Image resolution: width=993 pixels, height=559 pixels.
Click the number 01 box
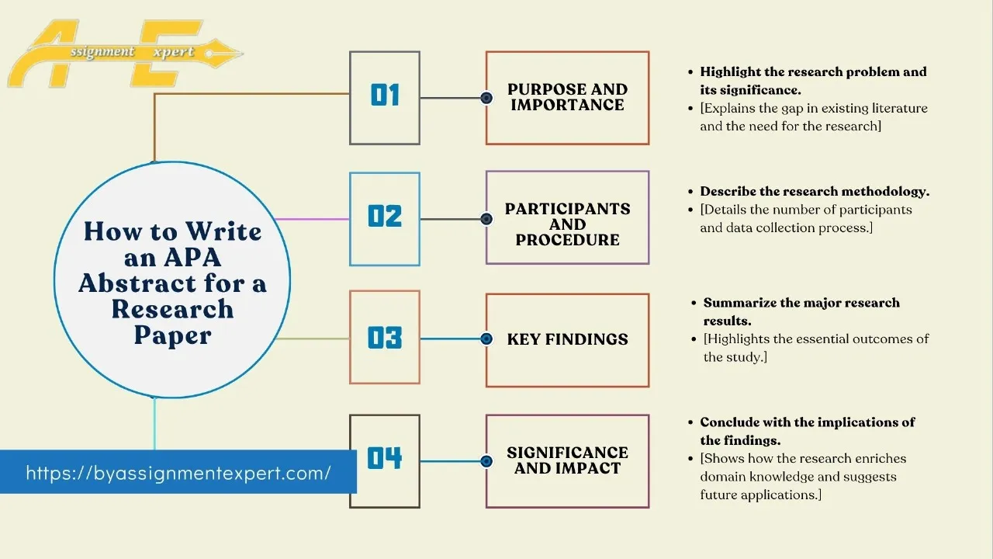point(385,98)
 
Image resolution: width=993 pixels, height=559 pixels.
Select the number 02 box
point(385,219)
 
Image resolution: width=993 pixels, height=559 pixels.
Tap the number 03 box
point(385,338)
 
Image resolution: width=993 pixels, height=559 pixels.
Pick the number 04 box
point(385,460)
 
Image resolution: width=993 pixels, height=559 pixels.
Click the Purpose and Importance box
point(567,98)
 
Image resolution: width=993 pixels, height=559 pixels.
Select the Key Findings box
point(567,339)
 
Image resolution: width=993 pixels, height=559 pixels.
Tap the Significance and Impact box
point(567,460)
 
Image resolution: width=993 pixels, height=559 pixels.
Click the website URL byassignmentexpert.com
point(178,472)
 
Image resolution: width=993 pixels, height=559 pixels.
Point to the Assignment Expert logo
point(116,53)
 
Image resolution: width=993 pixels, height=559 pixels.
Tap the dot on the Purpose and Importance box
point(486,98)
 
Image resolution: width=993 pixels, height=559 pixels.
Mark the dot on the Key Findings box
point(486,339)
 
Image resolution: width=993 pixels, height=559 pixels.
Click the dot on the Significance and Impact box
point(486,461)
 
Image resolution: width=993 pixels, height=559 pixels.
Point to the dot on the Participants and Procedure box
point(486,219)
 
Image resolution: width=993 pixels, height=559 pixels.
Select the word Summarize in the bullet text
point(737,302)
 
